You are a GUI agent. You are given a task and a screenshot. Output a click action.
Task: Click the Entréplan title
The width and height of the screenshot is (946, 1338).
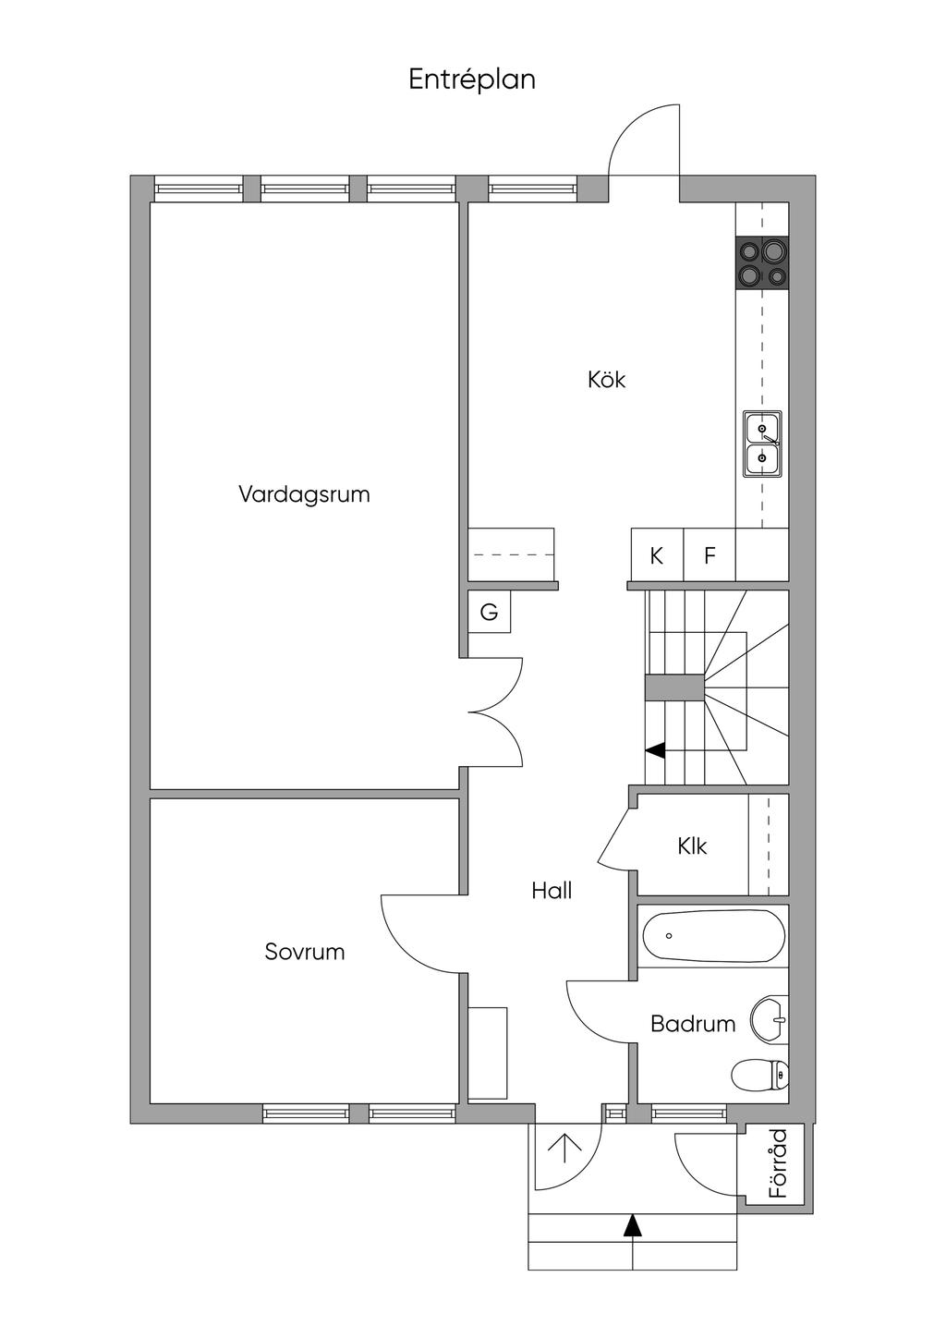pyautogui.click(x=472, y=80)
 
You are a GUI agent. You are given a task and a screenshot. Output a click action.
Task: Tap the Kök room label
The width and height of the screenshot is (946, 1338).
pyautogui.click(x=606, y=380)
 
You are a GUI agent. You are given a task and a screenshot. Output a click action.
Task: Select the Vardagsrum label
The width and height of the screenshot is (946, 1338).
pyautogui.click(x=304, y=494)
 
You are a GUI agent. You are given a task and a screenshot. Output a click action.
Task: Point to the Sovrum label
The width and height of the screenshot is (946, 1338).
pyautogui.click(x=304, y=952)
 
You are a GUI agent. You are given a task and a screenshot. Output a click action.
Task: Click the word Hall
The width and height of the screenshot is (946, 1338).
pyautogui.click(x=552, y=891)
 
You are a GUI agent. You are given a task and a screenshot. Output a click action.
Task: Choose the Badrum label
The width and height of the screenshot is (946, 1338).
pyautogui.click(x=693, y=1024)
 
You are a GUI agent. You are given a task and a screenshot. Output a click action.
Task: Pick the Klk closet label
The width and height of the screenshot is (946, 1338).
pyautogui.click(x=692, y=845)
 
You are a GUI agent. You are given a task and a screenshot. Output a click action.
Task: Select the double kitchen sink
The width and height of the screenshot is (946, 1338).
pyautogui.click(x=762, y=444)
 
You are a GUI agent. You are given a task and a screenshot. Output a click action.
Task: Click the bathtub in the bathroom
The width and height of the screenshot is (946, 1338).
pyautogui.click(x=713, y=936)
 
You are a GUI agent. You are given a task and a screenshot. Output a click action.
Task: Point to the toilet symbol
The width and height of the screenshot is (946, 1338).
pyautogui.click(x=759, y=1074)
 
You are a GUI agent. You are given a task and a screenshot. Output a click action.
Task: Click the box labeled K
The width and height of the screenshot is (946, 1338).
pyautogui.click(x=657, y=555)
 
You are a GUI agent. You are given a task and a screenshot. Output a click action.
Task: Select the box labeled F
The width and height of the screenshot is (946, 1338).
pyautogui.click(x=709, y=555)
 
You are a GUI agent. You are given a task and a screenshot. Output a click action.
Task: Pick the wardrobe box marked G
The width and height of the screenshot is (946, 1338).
pyautogui.click(x=489, y=612)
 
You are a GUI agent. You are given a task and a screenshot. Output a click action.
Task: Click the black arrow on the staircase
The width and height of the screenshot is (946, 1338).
pyautogui.click(x=655, y=750)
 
